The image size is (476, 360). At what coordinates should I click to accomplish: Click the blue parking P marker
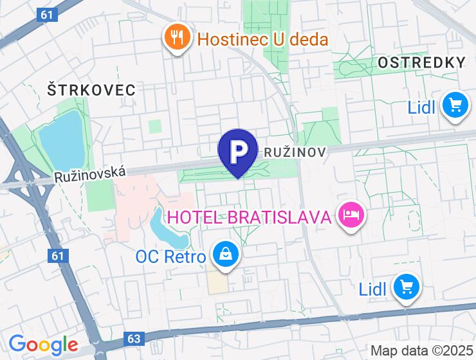[x=238, y=151]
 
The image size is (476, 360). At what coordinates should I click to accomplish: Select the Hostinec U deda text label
[x=262, y=39]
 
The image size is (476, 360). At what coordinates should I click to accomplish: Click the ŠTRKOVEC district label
[x=91, y=90]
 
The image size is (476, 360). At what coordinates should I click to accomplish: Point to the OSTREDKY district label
[x=421, y=62]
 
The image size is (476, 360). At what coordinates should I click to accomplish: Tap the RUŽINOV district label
[x=295, y=152]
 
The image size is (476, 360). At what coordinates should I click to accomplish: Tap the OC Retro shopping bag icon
[x=226, y=254]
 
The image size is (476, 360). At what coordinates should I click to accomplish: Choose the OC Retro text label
[x=170, y=257]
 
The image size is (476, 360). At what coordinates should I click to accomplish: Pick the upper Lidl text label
[x=422, y=107]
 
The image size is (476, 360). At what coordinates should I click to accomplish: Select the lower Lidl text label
[x=372, y=289]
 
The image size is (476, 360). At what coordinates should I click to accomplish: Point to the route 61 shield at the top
[x=44, y=14]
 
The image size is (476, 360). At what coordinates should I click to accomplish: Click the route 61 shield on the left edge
[x=57, y=255]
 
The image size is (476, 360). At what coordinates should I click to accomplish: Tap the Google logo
[x=43, y=345]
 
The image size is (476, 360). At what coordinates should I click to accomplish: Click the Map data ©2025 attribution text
[x=421, y=351]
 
